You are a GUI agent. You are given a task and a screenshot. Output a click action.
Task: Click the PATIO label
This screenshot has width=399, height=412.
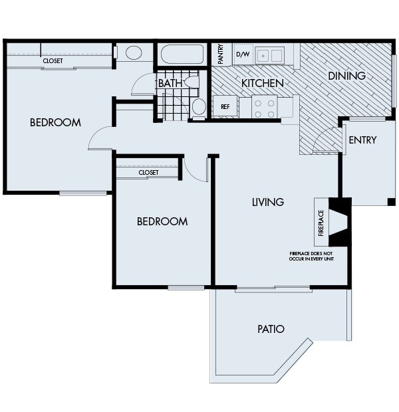point(271,329)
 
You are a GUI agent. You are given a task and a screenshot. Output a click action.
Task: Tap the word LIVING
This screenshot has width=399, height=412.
point(268,202)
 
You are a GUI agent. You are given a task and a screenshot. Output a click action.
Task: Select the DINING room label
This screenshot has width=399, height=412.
point(346,76)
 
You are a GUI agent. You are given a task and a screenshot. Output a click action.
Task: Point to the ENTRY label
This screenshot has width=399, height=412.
point(362,140)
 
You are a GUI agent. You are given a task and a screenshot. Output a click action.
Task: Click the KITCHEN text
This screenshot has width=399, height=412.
point(262,84)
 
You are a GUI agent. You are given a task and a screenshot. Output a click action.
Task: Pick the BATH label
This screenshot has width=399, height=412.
point(170,84)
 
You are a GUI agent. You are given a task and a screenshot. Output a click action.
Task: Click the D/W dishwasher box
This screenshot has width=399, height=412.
point(243,54)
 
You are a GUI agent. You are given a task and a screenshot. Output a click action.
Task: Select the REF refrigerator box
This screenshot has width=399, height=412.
point(225,106)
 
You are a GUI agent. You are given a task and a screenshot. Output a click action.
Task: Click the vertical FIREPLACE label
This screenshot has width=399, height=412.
point(321,223)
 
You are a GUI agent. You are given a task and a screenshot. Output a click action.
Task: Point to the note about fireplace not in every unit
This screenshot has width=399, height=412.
point(311,256)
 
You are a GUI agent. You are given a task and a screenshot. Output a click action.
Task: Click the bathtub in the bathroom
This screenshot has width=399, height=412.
point(182,54)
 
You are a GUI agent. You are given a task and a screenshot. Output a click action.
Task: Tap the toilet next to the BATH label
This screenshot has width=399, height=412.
point(192,82)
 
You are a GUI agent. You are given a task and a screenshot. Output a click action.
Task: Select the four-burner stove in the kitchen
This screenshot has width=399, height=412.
point(264,106)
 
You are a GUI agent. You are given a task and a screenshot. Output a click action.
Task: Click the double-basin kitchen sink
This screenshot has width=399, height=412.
point(270,55)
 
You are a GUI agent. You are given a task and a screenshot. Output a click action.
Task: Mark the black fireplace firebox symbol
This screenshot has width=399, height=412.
point(340,222)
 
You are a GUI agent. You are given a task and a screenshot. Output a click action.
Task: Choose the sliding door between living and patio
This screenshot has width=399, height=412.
point(273,288)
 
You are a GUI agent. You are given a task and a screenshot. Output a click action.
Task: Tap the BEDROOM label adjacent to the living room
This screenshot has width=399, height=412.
point(162,221)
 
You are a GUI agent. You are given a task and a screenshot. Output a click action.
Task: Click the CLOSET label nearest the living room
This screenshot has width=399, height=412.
point(148,172)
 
